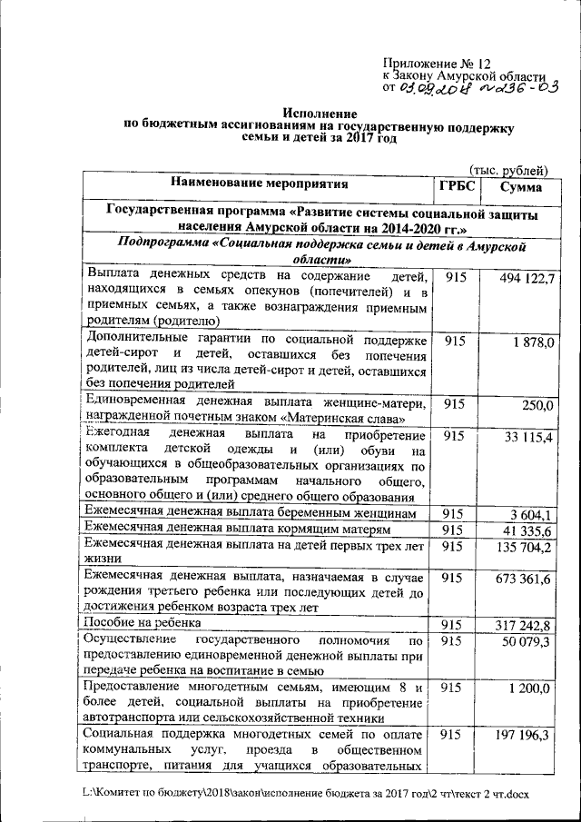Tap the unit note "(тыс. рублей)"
(x=508, y=170)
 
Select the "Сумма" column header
(x=515, y=186)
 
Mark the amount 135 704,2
(x=525, y=547)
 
